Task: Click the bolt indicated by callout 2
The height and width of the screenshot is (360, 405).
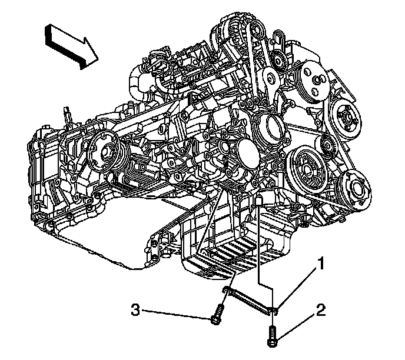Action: (273, 335)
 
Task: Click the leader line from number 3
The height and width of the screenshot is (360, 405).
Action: (177, 313)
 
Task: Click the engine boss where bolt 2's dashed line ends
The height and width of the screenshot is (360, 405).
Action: (258, 203)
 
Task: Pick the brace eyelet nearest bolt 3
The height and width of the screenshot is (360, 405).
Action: (226, 290)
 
